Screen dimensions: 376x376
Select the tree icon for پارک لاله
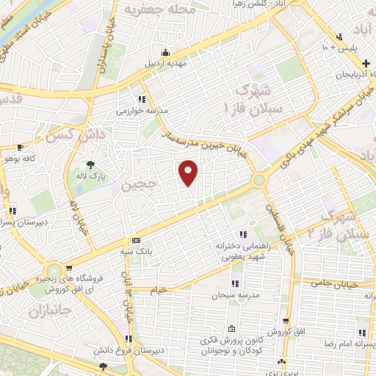(x=90, y=164)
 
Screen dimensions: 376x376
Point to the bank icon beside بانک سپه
(x=136, y=240)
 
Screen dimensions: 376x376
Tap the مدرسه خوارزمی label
(x=142, y=112)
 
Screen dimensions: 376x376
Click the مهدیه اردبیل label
(x=166, y=63)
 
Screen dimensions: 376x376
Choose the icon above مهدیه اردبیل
(x=166, y=52)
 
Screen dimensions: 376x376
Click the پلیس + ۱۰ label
(x=339, y=48)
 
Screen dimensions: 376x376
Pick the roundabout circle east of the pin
(x=258, y=180)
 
